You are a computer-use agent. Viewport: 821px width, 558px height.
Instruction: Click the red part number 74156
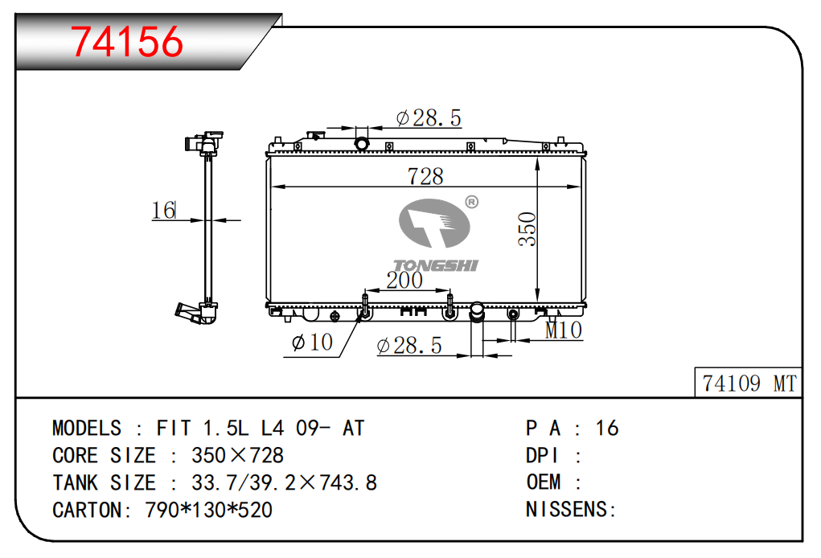(127, 41)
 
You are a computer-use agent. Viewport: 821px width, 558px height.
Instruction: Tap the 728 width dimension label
(425, 176)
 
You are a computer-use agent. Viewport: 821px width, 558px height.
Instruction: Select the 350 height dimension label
(527, 229)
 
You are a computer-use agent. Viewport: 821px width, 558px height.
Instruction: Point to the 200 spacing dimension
(404, 280)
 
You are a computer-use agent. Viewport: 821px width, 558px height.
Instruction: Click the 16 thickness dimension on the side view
(163, 211)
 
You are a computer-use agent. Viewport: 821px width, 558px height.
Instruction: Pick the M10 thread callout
(564, 330)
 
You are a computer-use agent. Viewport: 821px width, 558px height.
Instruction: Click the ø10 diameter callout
(312, 343)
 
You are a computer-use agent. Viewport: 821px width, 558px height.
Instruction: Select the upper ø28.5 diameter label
(429, 117)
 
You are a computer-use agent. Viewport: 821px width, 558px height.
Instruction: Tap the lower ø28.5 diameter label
(409, 346)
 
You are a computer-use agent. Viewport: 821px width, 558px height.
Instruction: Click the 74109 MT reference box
(748, 383)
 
